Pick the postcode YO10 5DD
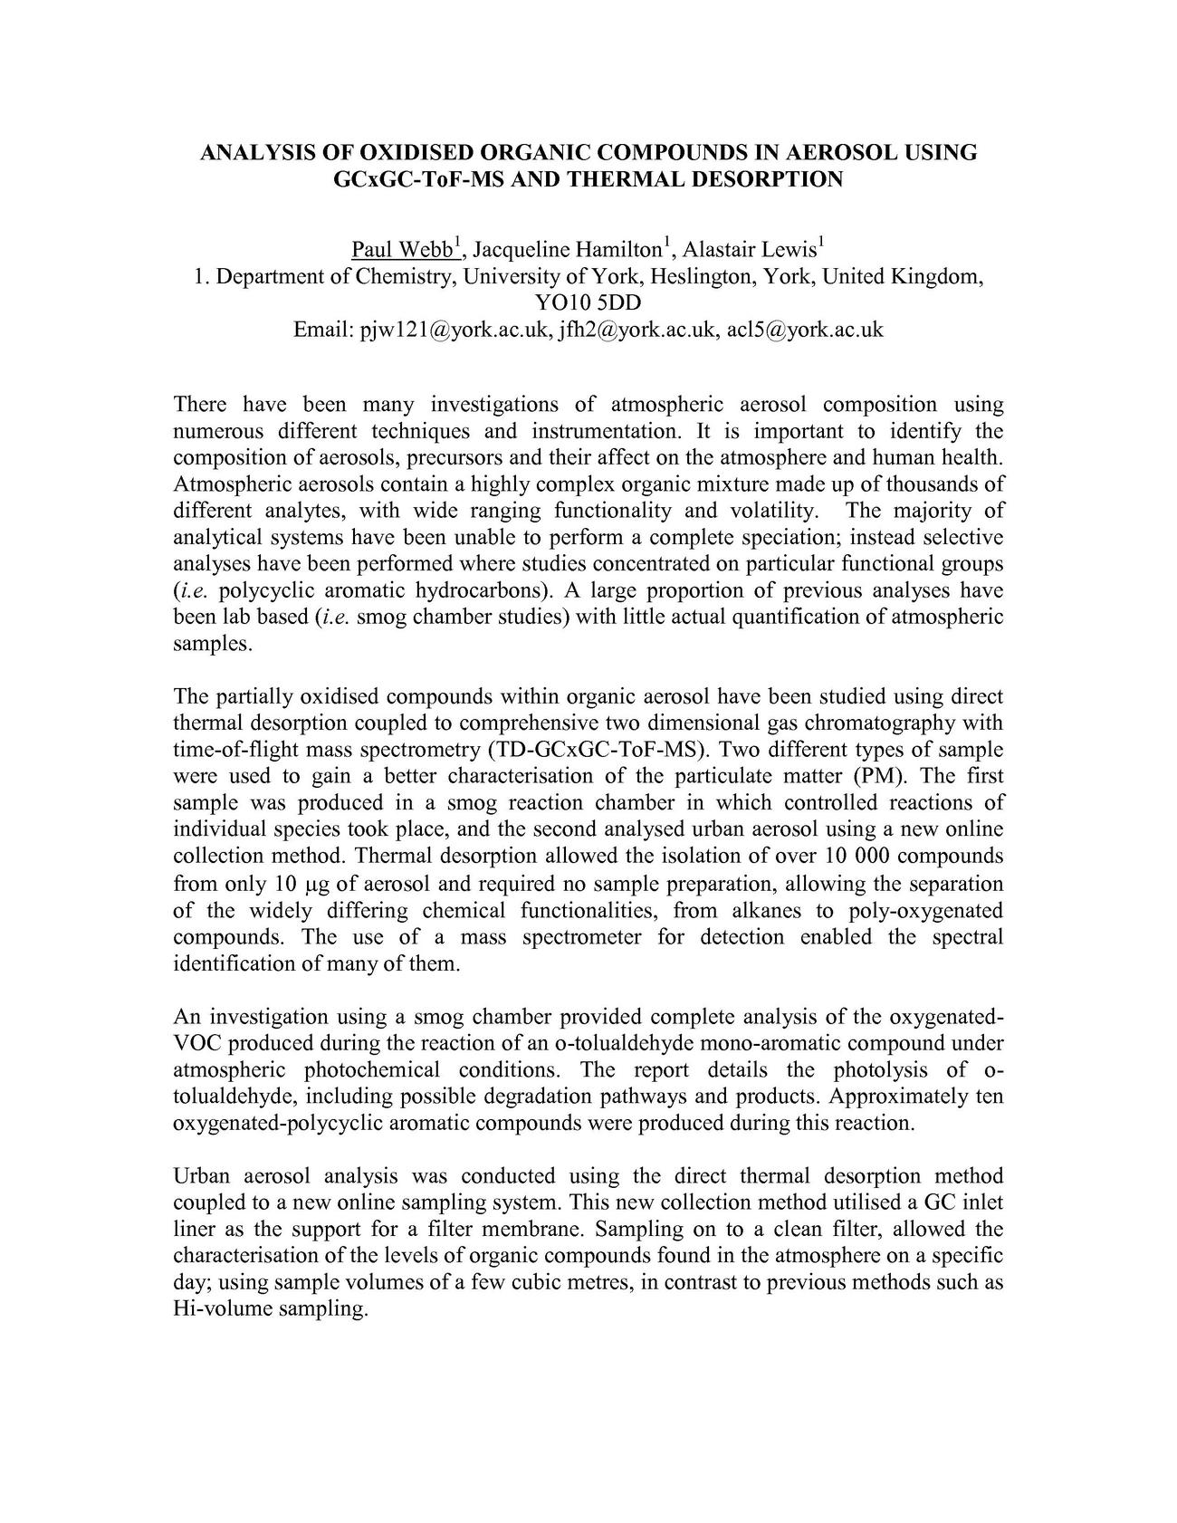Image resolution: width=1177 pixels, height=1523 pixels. pyautogui.click(x=588, y=302)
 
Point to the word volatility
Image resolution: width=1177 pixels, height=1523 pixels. pyautogui.click(x=772, y=511)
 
